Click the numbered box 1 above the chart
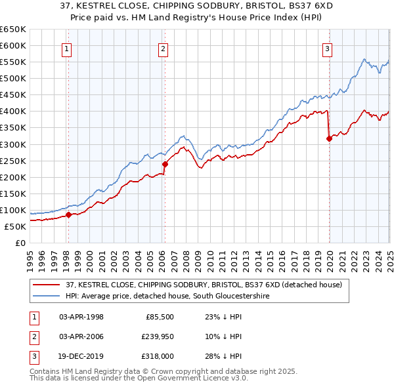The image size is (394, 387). [x=68, y=48]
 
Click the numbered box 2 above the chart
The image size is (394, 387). [x=163, y=48]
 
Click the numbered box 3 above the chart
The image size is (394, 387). [x=327, y=48]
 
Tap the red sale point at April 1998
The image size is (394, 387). [x=68, y=214]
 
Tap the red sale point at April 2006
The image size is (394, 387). [x=165, y=164]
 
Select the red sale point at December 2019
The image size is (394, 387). [x=329, y=138]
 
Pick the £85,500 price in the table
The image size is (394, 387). [x=160, y=317]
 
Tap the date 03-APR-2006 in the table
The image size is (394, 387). [x=81, y=336]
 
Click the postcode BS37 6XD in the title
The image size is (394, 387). [x=291, y=7]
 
